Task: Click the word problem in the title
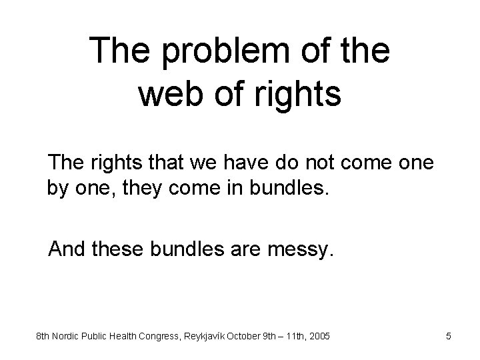[x=214, y=52]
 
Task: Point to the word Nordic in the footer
[x=68, y=337]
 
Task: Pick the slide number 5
[x=449, y=337]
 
